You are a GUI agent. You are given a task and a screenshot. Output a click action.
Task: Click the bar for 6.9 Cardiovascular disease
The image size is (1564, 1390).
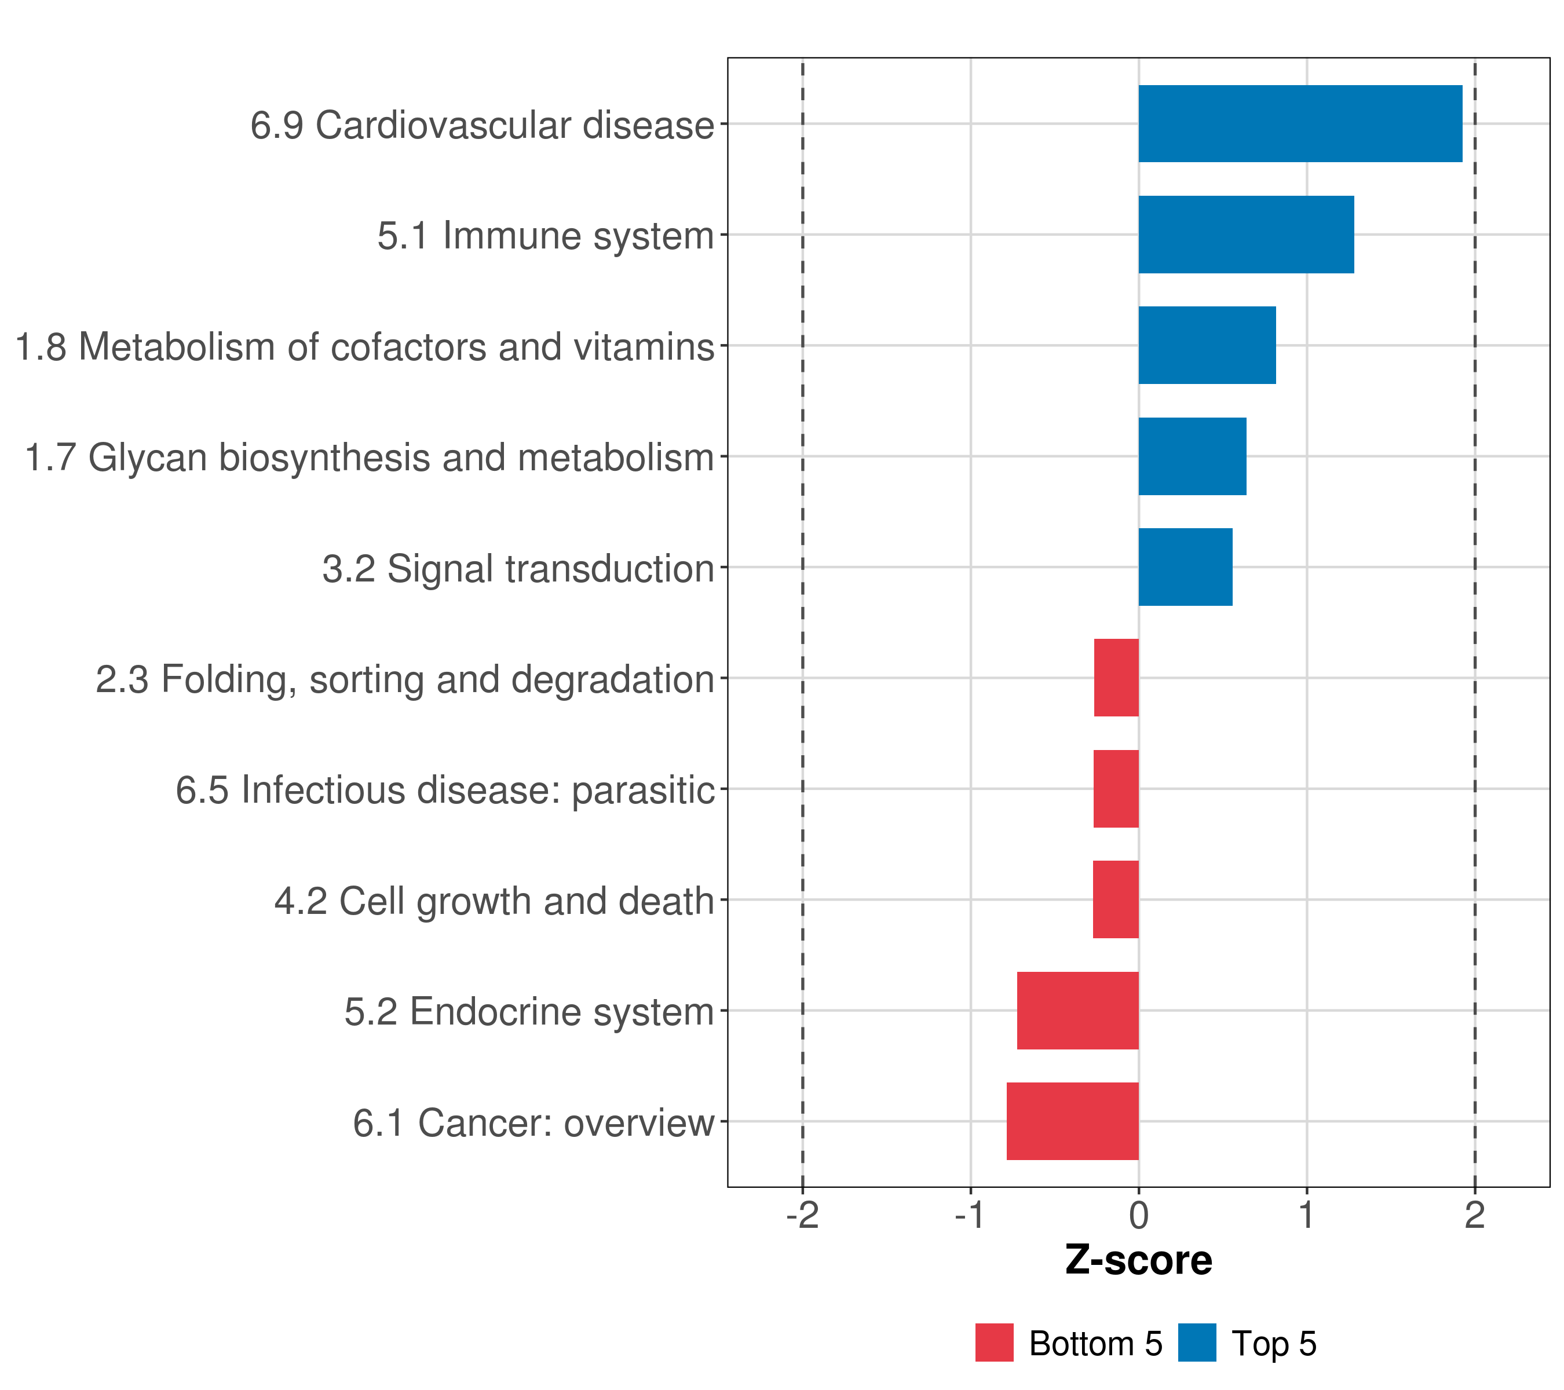pos(1300,124)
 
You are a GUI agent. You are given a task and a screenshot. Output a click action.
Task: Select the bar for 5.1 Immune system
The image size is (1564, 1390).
pos(1245,235)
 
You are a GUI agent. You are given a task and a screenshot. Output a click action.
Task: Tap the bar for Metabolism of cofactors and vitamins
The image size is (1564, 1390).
pos(1207,345)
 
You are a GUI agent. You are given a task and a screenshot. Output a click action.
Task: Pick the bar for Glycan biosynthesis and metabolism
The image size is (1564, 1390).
pos(1192,457)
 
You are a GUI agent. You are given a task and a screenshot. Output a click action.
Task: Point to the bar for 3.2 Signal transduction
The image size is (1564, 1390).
pos(1185,567)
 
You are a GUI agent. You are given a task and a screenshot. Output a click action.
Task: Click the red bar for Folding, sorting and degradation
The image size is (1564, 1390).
pos(1116,678)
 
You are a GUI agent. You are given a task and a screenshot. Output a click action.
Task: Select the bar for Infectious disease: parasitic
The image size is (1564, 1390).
pos(1116,789)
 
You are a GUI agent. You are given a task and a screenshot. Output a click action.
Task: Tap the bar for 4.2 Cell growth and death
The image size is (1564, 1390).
pos(1115,899)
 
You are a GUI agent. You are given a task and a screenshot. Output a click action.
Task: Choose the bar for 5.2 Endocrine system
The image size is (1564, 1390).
pos(1077,1011)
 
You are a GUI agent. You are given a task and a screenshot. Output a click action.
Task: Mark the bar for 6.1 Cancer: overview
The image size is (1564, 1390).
pos(1072,1121)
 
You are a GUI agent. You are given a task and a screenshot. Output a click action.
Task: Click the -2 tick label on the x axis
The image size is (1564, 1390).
pos(802,1215)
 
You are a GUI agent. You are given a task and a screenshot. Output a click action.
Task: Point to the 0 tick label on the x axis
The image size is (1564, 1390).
pos(1139,1215)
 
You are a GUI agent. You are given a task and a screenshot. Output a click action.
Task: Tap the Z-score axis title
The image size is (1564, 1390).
pos(1139,1261)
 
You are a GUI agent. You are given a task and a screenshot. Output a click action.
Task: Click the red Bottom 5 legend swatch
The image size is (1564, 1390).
pos(994,1343)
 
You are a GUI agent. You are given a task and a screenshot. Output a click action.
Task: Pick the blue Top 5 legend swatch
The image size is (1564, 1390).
pos(1197,1343)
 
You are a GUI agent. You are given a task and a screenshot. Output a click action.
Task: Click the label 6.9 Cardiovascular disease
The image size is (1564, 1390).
pos(482,126)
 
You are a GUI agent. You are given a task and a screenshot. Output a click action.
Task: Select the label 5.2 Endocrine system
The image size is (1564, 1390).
pos(529,1012)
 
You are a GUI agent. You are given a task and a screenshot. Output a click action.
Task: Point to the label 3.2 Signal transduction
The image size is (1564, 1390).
pos(518,569)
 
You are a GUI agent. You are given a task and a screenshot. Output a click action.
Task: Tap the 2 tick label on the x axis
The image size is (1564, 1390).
pos(1474,1215)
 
